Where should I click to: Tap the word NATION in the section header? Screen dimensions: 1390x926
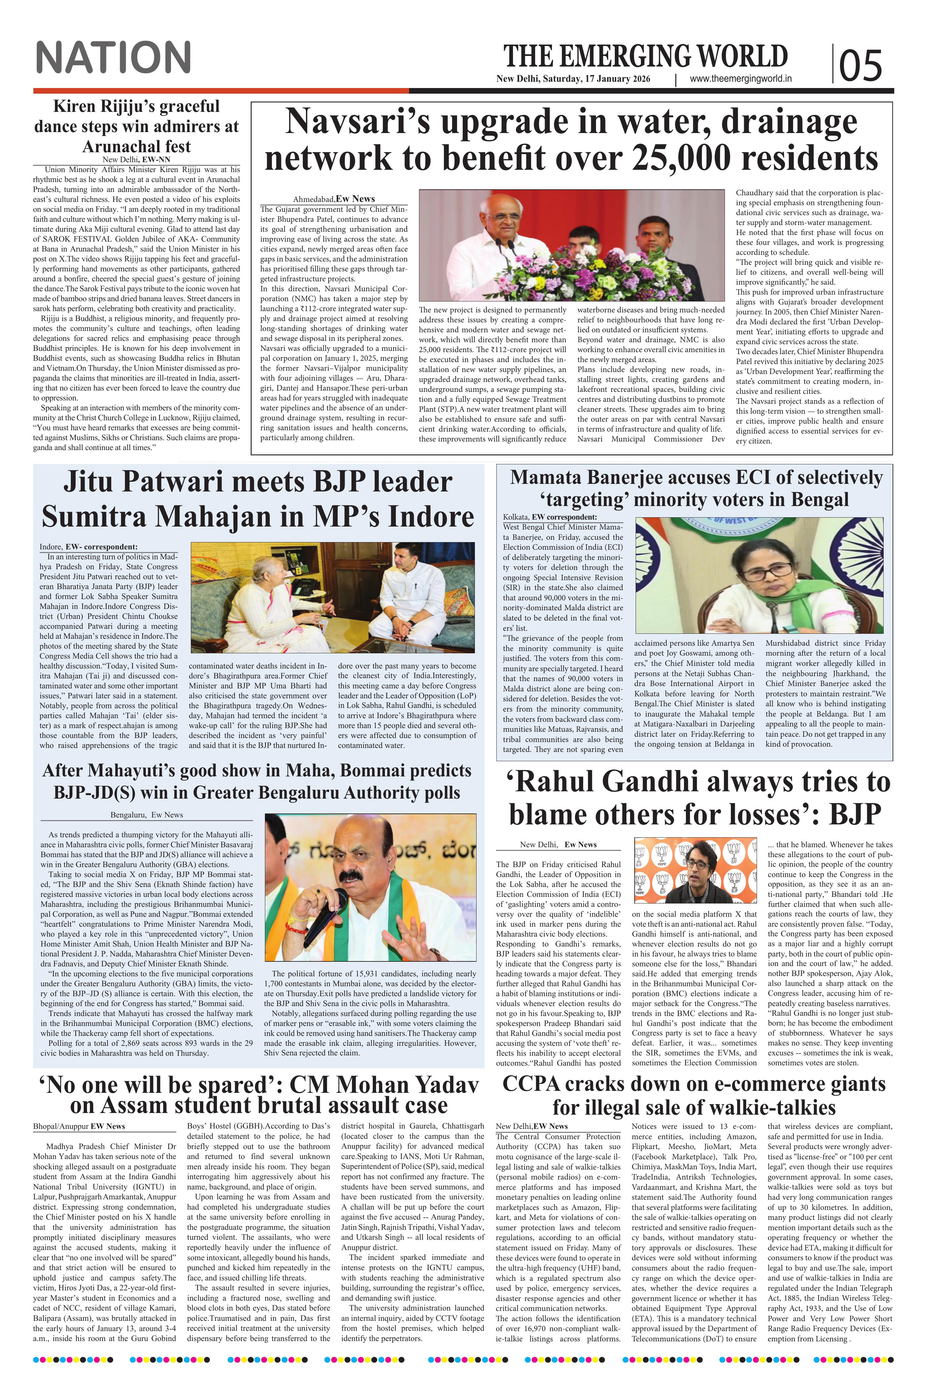pyautogui.click(x=113, y=57)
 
